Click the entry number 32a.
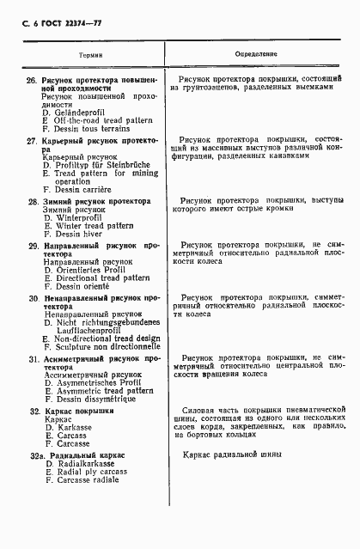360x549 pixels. (x=34, y=454)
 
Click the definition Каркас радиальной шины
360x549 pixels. (x=232, y=454)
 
